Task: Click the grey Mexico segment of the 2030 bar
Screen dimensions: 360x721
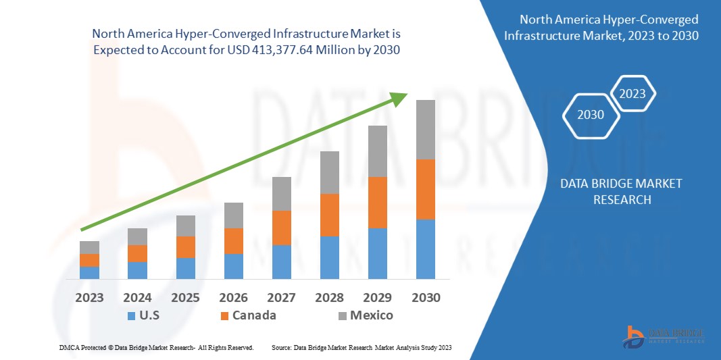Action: point(425,130)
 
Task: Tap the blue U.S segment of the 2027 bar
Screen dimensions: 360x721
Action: point(281,261)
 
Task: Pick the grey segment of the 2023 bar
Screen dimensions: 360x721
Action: point(89,247)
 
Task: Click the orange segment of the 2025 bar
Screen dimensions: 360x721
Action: point(185,247)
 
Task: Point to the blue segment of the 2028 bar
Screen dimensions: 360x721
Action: point(329,257)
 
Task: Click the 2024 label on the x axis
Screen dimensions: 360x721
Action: point(137,298)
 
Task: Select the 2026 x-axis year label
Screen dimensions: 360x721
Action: point(233,298)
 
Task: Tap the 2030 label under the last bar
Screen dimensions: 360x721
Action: point(426,298)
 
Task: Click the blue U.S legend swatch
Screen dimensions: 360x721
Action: point(130,315)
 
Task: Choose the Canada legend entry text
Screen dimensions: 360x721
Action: point(253,315)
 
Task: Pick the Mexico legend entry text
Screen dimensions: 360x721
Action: point(371,315)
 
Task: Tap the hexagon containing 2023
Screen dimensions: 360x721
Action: point(632,94)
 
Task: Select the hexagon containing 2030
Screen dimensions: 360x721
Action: point(590,115)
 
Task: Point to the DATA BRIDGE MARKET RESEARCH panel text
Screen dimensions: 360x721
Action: point(621,192)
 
